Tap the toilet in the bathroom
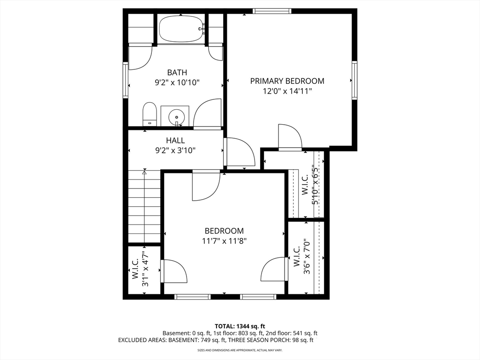coord(150,114)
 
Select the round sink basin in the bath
coord(176,117)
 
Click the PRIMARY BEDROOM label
coord(287,81)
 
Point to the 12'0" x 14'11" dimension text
coord(287,91)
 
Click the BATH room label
coord(177,72)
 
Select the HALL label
coord(175,140)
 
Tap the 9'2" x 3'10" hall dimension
coord(175,150)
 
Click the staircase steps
coord(144,206)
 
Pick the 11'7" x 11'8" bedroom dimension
coord(225,241)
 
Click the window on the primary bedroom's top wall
coord(272,11)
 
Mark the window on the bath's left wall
coord(126,80)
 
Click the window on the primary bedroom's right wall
coord(354,80)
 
